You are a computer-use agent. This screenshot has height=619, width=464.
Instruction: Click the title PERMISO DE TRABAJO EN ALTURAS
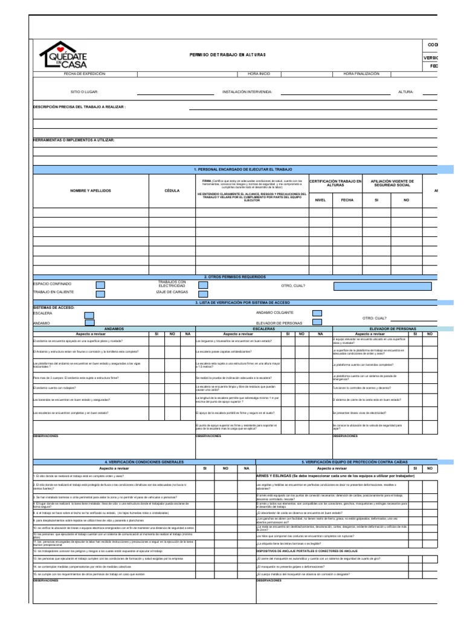click(x=228, y=55)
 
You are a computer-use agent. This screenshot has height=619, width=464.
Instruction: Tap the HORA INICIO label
click(x=259, y=74)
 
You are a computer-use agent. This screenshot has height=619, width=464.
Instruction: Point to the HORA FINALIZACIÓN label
click(x=361, y=74)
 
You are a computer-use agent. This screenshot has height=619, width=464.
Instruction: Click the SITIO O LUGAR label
click(x=84, y=92)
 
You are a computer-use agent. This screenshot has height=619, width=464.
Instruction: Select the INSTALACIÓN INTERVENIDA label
click(x=247, y=92)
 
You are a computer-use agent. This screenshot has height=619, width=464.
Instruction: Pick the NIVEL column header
click(x=320, y=199)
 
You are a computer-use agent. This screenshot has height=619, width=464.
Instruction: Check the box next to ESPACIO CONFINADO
click(x=101, y=284)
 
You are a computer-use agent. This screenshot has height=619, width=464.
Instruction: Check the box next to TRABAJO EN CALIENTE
click(x=101, y=293)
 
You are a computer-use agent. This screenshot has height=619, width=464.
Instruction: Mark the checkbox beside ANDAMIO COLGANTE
click(x=317, y=313)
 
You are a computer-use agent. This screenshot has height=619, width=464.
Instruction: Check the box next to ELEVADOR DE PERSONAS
click(x=317, y=322)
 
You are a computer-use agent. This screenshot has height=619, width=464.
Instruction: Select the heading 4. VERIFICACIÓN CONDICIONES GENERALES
click(x=144, y=461)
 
